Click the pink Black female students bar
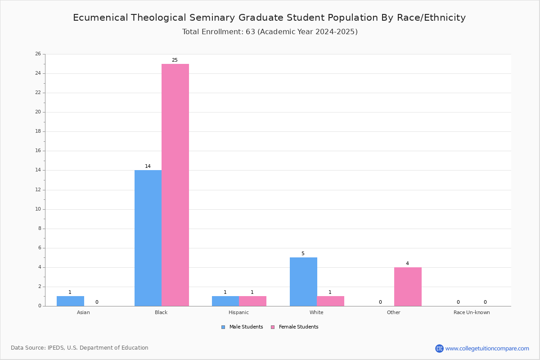pos(175,185)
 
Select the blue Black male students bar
pos(148,238)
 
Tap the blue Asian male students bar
pos(70,301)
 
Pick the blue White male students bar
pos(303,282)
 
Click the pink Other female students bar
pos(408,287)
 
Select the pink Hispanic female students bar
pos(252,301)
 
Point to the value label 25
pos(175,60)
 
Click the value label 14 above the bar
pos(148,166)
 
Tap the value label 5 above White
pos(303,253)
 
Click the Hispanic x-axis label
pos(238,312)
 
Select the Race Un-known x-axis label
pos(472,312)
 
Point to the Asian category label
pos(83,312)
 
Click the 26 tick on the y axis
pos(38,54)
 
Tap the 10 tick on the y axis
pos(38,209)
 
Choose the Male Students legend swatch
pos(223,327)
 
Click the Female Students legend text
pos(298,327)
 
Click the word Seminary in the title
pos(212,18)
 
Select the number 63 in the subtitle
pos(251,31)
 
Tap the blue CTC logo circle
pos(439,348)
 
